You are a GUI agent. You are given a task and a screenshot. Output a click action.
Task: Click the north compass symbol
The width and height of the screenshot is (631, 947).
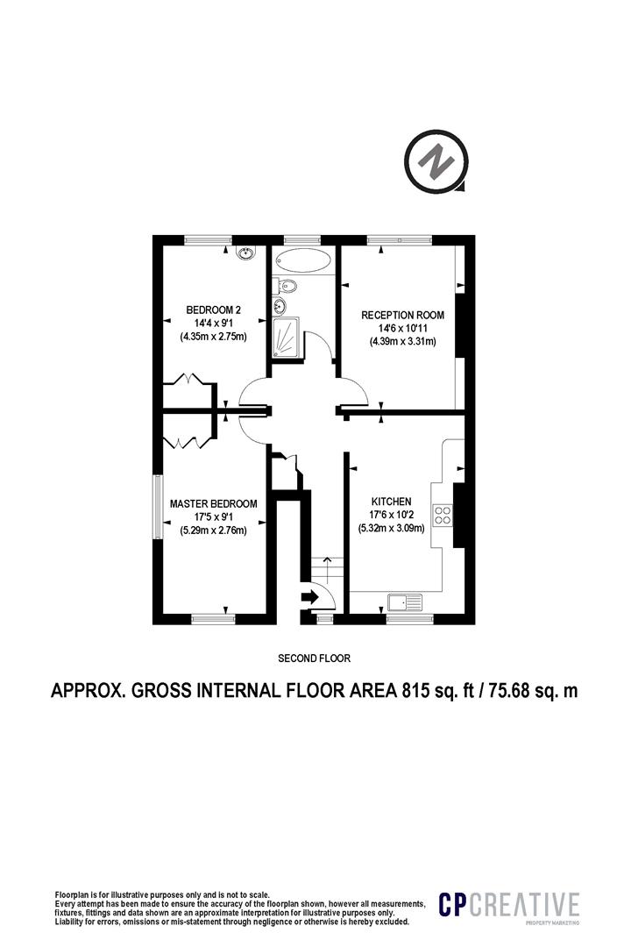(x=436, y=162)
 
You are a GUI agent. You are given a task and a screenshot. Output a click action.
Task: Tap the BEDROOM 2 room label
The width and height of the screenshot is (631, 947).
(x=213, y=310)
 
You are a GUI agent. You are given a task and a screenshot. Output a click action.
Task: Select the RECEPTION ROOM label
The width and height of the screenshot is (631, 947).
(x=403, y=315)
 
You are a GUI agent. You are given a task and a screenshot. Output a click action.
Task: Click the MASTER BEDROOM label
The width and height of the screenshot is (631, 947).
(x=213, y=503)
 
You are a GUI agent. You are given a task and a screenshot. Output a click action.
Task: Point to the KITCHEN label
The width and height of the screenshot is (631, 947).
(x=391, y=502)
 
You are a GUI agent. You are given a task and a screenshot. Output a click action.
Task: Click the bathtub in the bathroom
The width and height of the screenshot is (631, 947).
(x=302, y=261)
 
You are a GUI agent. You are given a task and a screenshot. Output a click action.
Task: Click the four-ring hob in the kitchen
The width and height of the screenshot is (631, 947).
(x=443, y=514)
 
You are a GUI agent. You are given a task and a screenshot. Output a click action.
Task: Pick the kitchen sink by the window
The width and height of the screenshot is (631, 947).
(x=406, y=602)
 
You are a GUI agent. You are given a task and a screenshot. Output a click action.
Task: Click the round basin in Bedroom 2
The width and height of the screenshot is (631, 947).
(x=246, y=253)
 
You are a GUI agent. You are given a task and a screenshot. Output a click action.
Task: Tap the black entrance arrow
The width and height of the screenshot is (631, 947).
(x=309, y=597)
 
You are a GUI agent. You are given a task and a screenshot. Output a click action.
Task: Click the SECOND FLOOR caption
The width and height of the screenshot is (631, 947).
(x=314, y=658)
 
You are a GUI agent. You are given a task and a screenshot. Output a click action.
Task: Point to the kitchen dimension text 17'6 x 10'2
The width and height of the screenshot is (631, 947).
(x=391, y=515)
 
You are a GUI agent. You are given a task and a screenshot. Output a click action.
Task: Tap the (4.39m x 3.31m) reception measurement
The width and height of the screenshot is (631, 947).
(x=403, y=341)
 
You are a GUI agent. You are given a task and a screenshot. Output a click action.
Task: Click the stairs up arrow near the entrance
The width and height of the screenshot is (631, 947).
(x=327, y=568)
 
